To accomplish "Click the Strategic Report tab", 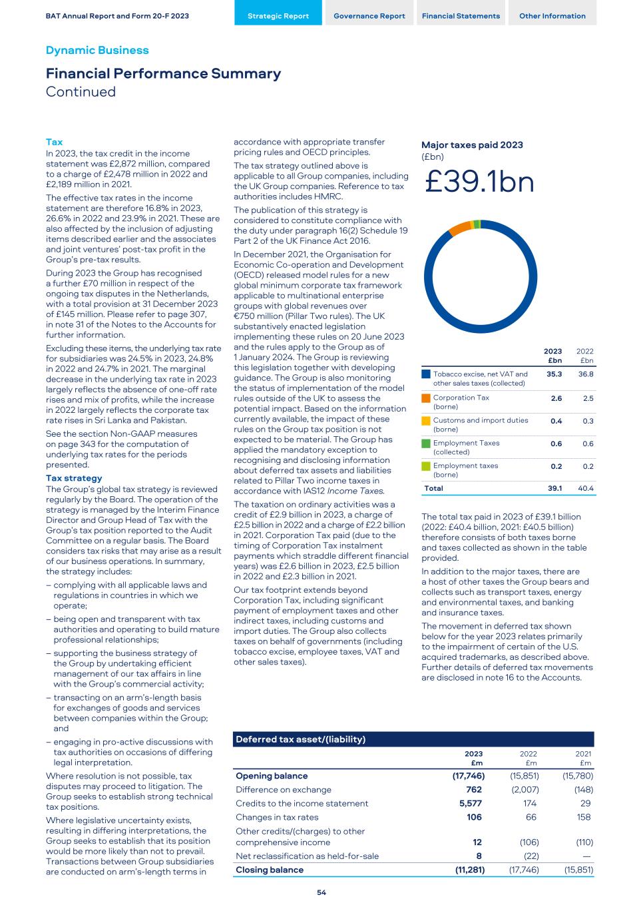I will pos(278,16).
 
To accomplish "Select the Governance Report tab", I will pos(369,16).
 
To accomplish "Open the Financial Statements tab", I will pos(461,16).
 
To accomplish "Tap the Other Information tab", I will pos(552,16).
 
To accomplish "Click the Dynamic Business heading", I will pos(97,51).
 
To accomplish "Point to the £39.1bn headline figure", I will pos(479,182).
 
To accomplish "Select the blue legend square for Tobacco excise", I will pos(426,374).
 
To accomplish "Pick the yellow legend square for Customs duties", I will pos(426,421).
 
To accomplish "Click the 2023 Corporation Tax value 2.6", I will pos(555,398).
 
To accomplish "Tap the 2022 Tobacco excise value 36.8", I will pos(586,374).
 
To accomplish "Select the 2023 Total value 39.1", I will pos(554,488).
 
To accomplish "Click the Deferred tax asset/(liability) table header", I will pos(301,739).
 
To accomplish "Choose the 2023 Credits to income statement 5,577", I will pos(470,804).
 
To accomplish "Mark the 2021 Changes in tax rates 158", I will pos(584,817).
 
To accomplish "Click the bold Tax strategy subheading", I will pos(74,478).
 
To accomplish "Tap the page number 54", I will pos(321,893).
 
